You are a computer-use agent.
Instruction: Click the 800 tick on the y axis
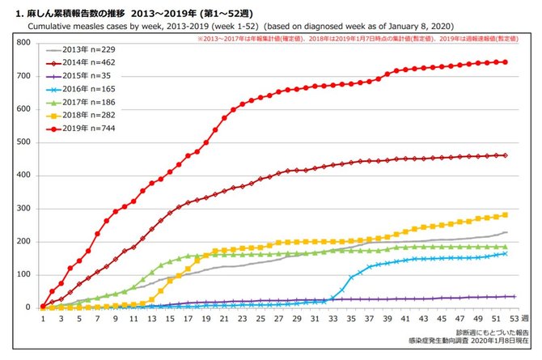tap(24, 42)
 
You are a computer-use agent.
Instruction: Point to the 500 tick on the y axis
tap(24, 142)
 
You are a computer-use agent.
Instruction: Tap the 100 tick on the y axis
tap(24, 274)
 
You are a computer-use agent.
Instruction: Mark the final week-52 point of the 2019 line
tap(506, 61)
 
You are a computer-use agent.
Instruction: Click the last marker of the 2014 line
tap(506, 155)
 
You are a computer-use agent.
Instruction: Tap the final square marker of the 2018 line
tap(506, 214)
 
